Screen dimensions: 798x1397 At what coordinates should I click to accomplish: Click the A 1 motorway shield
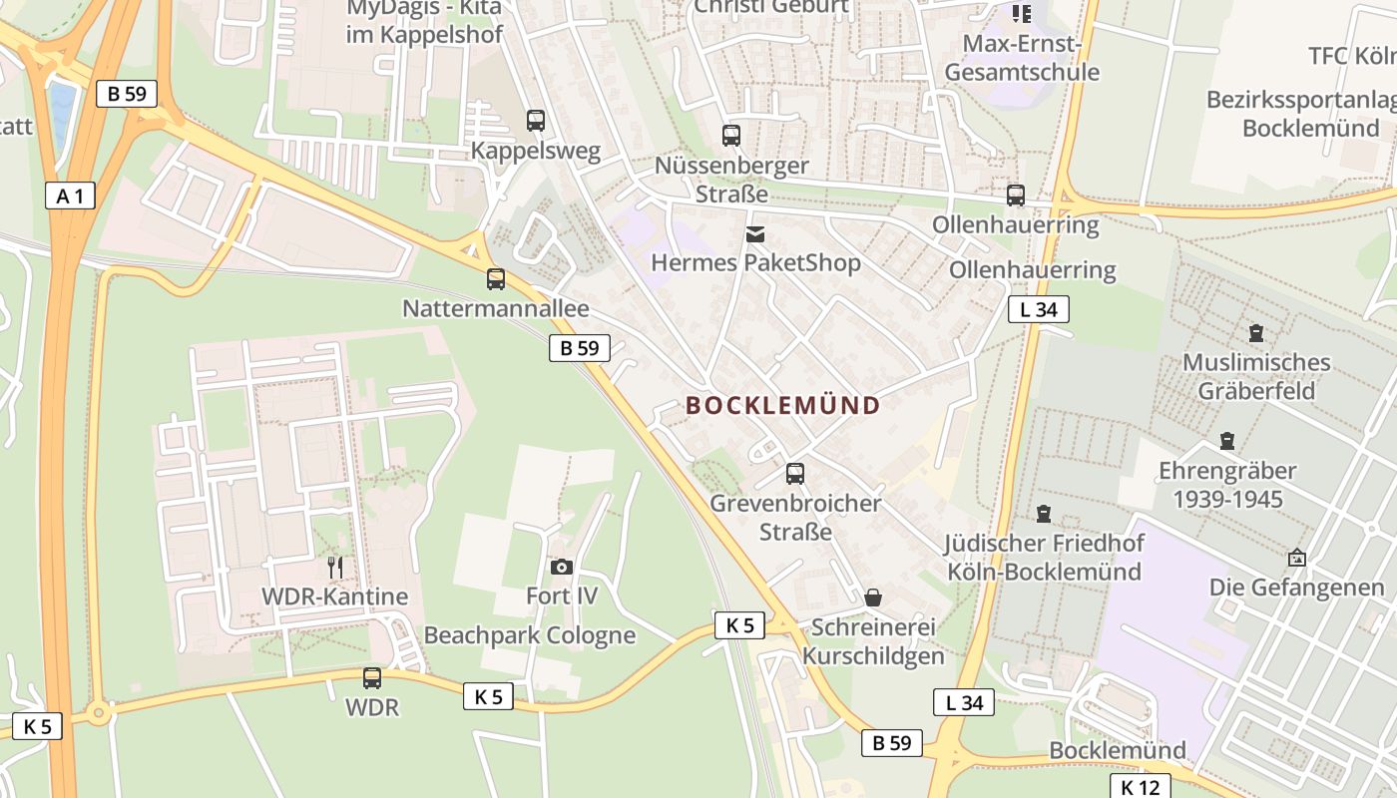click(x=70, y=196)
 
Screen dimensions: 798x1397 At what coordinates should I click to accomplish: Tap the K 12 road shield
click(x=1141, y=787)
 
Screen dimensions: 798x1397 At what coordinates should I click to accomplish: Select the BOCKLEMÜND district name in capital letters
click(x=783, y=405)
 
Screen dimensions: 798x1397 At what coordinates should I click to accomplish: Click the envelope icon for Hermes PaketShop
click(x=755, y=234)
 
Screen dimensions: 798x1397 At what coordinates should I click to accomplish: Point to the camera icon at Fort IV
click(x=562, y=567)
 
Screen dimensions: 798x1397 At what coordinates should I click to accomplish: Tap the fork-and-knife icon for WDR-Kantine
click(x=335, y=568)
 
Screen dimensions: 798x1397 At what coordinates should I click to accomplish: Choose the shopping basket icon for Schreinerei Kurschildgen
click(x=873, y=598)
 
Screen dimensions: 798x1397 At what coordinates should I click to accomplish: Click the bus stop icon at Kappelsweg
click(x=536, y=121)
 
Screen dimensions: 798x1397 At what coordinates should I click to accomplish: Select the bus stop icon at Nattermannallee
click(x=496, y=279)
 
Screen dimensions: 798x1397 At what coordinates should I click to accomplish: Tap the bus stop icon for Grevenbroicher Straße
click(x=795, y=474)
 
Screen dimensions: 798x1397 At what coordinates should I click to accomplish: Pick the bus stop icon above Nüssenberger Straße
click(x=731, y=136)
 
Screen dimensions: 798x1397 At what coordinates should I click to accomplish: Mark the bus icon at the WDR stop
click(x=372, y=678)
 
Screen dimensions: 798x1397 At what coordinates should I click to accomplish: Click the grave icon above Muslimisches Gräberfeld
click(x=1256, y=332)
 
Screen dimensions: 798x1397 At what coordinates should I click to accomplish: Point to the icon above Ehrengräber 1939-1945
click(x=1227, y=440)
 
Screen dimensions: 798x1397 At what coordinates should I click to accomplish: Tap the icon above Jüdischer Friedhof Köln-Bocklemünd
click(x=1044, y=514)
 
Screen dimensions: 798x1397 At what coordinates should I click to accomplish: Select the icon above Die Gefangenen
click(x=1297, y=558)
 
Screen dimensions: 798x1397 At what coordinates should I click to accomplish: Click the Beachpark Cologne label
click(x=530, y=635)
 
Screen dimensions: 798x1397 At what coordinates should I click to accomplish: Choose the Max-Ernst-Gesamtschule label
click(x=1022, y=58)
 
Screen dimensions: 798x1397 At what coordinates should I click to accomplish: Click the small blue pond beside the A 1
click(x=62, y=110)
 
